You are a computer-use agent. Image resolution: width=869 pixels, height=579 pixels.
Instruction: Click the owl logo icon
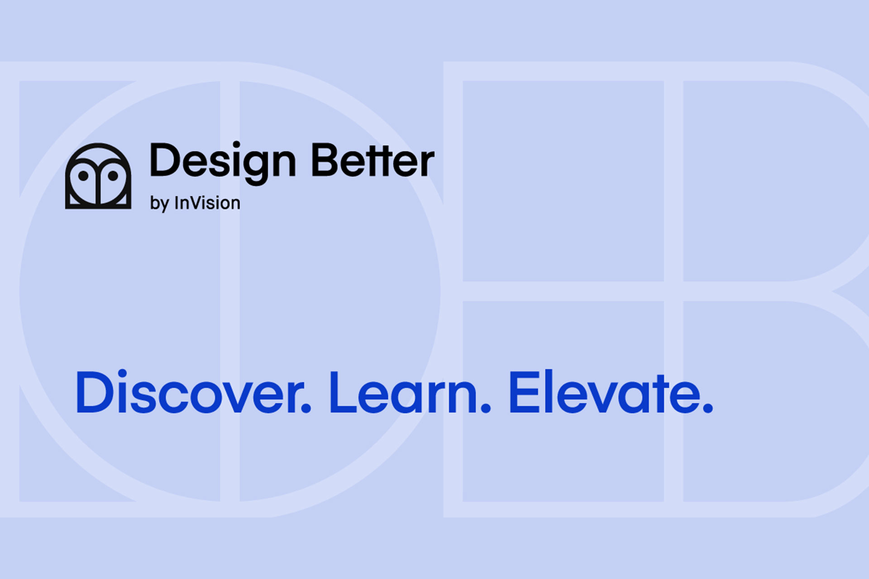[98, 176]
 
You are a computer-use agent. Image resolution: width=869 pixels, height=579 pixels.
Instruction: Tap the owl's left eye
[83, 176]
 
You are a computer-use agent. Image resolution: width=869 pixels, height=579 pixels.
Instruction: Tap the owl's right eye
[113, 176]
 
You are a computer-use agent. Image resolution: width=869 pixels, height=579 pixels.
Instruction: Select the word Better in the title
[372, 161]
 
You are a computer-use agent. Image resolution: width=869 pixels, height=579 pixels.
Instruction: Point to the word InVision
[207, 203]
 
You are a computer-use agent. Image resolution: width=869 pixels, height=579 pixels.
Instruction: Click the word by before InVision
[159, 204]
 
